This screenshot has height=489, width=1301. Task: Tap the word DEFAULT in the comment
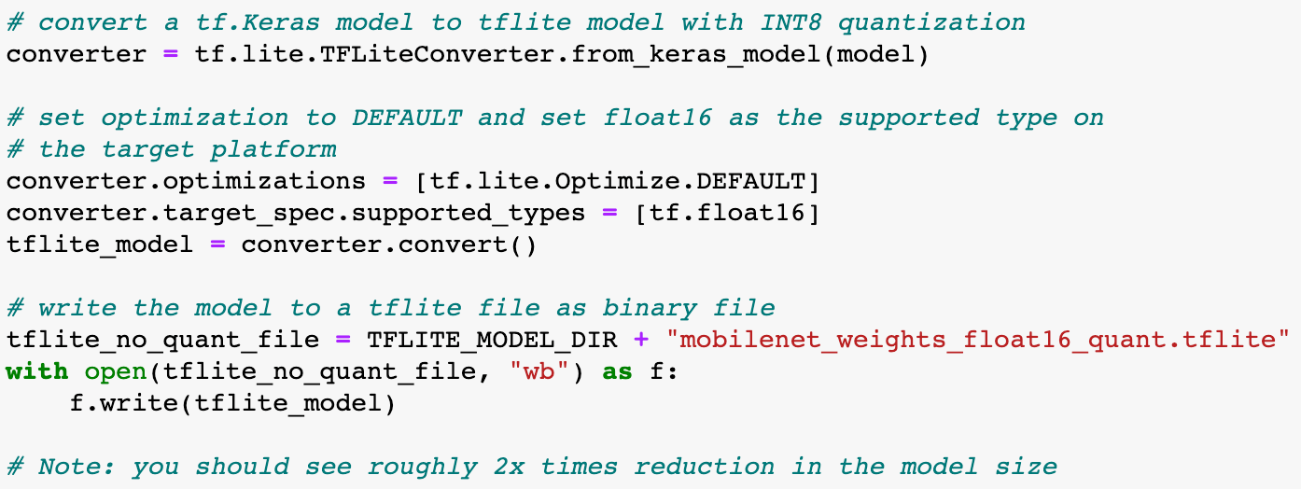point(406,118)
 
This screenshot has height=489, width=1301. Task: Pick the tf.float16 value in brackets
point(726,213)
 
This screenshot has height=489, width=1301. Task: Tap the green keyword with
point(37,371)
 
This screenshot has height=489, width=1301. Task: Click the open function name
point(116,371)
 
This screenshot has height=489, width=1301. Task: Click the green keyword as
point(617,371)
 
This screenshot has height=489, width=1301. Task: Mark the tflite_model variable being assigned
point(100,244)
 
